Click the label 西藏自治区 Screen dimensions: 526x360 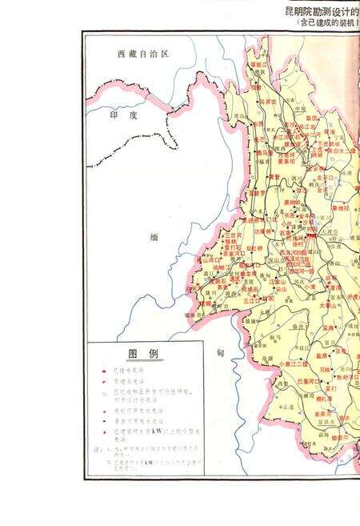pyautogui.click(x=144, y=55)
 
